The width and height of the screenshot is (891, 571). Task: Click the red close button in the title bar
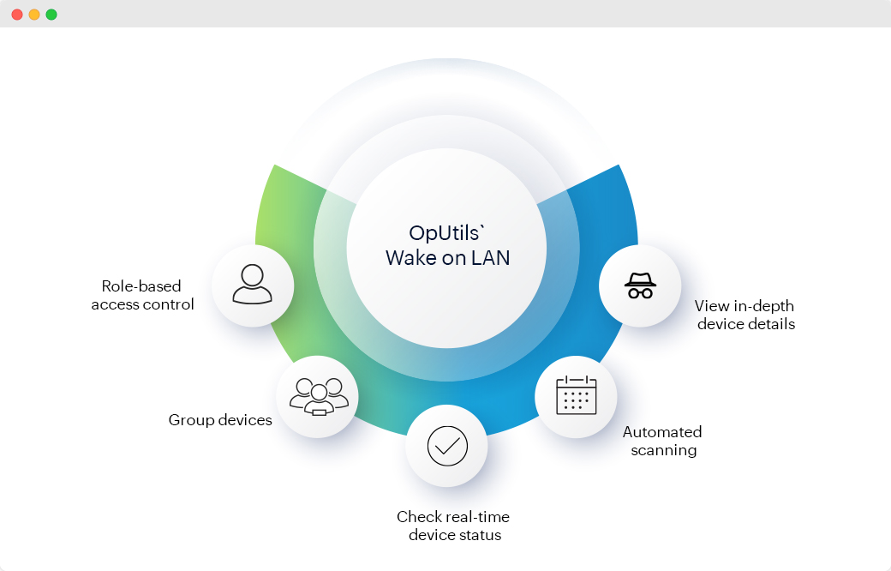click(x=17, y=15)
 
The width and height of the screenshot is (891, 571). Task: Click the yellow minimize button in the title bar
click(x=34, y=15)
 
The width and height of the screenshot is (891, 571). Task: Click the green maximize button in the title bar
click(x=51, y=15)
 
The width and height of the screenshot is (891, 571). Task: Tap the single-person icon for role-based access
click(x=252, y=285)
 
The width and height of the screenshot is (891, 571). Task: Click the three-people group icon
click(x=318, y=397)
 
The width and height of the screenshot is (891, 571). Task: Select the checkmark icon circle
click(x=446, y=447)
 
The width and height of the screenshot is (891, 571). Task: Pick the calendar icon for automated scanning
click(x=576, y=396)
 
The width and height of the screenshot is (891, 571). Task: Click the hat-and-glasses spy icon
click(x=640, y=285)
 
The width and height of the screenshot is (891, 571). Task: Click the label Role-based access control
click(x=142, y=295)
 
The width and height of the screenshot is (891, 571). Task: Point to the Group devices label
click(x=220, y=420)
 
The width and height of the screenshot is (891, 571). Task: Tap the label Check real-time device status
click(x=453, y=526)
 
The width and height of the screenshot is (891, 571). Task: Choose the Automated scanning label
click(x=662, y=441)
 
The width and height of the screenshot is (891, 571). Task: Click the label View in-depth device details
click(x=745, y=315)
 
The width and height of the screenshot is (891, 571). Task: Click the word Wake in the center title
click(x=408, y=257)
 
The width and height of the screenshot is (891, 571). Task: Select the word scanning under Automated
click(x=663, y=450)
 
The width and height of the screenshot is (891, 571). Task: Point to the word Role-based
click(x=141, y=286)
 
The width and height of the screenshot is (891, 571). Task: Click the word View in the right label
click(x=711, y=306)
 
